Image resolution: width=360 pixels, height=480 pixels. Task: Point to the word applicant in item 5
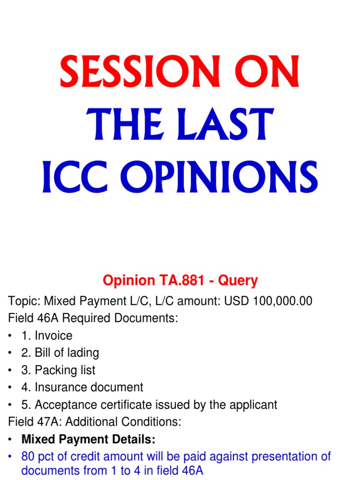[254, 405]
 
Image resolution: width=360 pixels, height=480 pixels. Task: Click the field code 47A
[49, 422]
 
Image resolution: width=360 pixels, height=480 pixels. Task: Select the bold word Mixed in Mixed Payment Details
[37, 439]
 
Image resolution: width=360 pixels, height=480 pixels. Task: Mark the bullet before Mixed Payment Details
[11, 440]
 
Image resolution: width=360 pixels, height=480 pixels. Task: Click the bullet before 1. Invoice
[11, 336]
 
